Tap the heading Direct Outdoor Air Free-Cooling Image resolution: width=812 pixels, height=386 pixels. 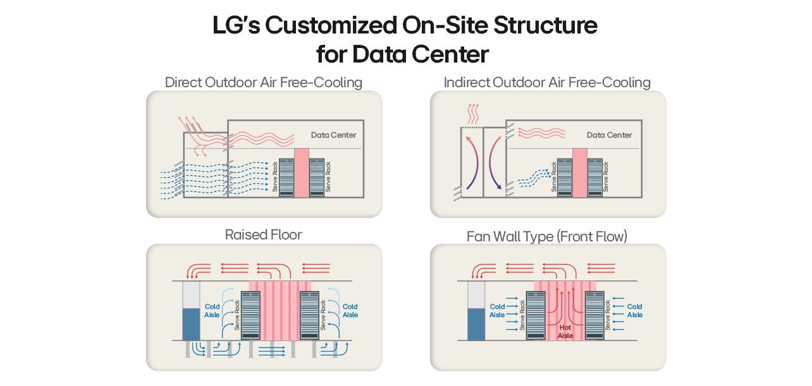click(x=263, y=82)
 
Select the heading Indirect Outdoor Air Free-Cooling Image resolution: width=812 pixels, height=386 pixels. click(x=547, y=82)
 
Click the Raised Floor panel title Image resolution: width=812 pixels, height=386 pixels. click(x=263, y=235)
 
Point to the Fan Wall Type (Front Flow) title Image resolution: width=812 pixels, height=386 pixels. click(x=547, y=237)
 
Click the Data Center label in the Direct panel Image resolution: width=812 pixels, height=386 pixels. click(x=333, y=135)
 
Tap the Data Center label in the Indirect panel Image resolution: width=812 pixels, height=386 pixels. click(x=609, y=135)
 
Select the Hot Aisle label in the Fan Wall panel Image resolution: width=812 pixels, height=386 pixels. click(x=565, y=332)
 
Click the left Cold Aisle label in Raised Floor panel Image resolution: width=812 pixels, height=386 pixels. click(x=212, y=311)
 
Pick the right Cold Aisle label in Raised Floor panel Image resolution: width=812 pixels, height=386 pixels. click(x=350, y=311)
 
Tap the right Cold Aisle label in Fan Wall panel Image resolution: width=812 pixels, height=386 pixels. click(x=634, y=311)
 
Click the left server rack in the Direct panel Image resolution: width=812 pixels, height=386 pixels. click(x=286, y=177)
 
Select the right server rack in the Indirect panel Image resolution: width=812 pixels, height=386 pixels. click(x=594, y=176)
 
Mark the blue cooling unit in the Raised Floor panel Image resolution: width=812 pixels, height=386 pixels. click(x=190, y=323)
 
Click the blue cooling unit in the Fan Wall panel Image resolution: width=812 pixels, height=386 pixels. click(x=476, y=323)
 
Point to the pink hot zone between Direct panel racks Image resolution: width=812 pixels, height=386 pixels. click(x=302, y=172)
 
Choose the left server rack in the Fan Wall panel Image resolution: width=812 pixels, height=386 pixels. click(x=536, y=315)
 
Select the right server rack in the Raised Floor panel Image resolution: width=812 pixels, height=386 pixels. click(x=309, y=315)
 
